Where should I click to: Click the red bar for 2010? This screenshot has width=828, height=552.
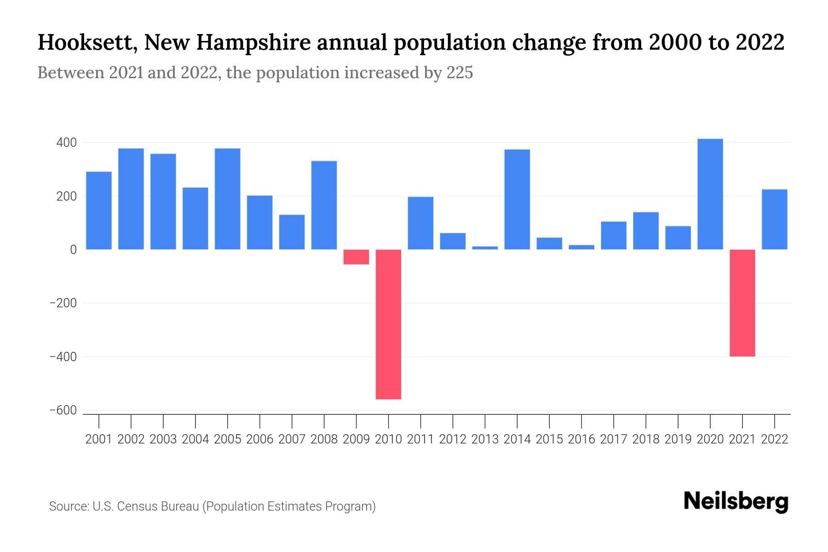pyautogui.click(x=388, y=324)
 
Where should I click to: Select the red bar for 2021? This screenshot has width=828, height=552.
pyautogui.click(x=742, y=303)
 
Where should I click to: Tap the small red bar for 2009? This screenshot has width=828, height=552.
pyautogui.click(x=356, y=257)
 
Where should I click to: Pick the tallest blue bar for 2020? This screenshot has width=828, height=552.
pyautogui.click(x=710, y=194)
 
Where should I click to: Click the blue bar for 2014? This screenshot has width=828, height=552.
pyautogui.click(x=517, y=199)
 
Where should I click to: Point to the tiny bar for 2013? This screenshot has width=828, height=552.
pyautogui.click(x=485, y=248)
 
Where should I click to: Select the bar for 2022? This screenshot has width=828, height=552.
pyautogui.click(x=774, y=219)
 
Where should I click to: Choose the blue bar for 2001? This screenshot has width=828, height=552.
pyautogui.click(x=99, y=210)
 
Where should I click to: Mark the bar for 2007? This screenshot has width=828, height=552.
pyautogui.click(x=292, y=232)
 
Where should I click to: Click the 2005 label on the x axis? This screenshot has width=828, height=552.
pyautogui.click(x=228, y=439)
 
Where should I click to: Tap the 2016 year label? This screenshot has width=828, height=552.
pyautogui.click(x=581, y=439)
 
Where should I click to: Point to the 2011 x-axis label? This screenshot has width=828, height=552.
pyautogui.click(x=420, y=439)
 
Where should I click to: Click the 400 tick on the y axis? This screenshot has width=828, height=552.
pyautogui.click(x=66, y=143)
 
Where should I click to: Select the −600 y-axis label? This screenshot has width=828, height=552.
pyautogui.click(x=63, y=410)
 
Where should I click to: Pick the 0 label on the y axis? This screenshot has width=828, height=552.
pyautogui.click(x=73, y=250)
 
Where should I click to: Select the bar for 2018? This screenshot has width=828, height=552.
pyautogui.click(x=645, y=230)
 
